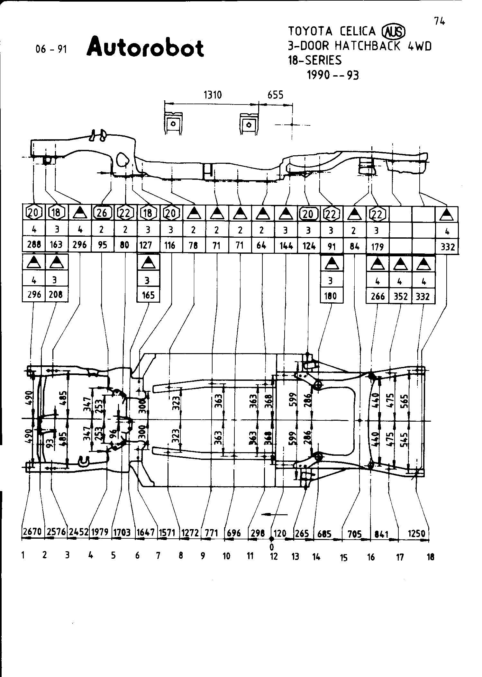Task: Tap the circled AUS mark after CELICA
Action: coord(393,32)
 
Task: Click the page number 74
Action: coord(439,21)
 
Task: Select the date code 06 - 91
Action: coord(51,49)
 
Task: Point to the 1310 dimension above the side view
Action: coord(213,95)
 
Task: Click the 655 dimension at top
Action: coord(275,95)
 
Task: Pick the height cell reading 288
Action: coord(34,245)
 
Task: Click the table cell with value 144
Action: coord(286,246)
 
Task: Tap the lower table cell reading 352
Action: coord(400,296)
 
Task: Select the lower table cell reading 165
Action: coord(148,295)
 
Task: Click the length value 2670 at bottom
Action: coord(32,532)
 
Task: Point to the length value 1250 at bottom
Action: coord(416,534)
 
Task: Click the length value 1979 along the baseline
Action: coord(100,532)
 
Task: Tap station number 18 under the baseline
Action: coord(431,557)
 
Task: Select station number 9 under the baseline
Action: coord(203,556)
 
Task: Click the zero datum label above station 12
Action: coord(272,546)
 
